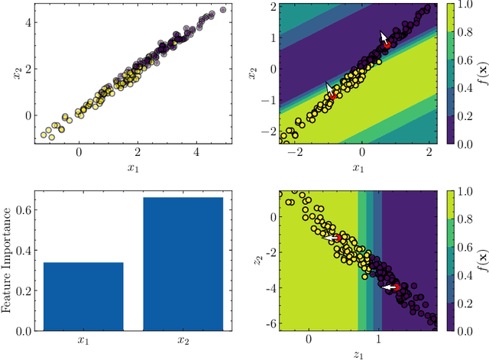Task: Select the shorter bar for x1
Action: point(83,297)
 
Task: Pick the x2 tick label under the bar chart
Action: point(182,340)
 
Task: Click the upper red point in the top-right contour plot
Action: point(387,45)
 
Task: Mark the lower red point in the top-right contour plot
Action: point(332,96)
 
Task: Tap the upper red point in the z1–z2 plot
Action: point(338,238)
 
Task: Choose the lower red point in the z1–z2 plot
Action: point(396,287)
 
